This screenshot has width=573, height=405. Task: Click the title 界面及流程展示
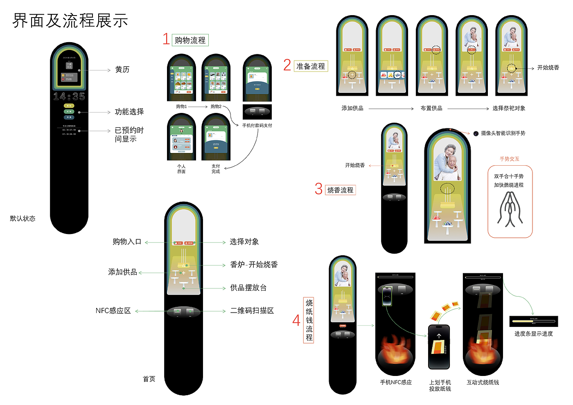[70, 20]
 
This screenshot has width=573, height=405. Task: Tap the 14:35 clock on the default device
[69, 97]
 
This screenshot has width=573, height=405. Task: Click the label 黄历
[122, 70]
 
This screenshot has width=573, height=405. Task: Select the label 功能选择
[129, 112]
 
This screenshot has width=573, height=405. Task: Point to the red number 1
[166, 39]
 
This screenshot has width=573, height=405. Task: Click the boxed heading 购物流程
[190, 40]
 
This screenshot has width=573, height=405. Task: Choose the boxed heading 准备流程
[311, 66]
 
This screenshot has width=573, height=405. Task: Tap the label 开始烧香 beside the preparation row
[548, 67]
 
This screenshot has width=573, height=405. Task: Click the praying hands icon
[510, 209]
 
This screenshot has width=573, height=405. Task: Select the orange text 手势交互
[509, 159]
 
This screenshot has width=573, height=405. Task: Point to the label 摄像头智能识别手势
[503, 133]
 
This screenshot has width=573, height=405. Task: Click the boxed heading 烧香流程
[340, 190]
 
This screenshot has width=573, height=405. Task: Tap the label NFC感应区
[113, 311]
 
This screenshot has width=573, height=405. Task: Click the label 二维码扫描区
[252, 311]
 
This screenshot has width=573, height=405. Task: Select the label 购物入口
[127, 242]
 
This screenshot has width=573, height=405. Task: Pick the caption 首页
[149, 379]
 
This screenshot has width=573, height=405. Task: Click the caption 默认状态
[23, 218]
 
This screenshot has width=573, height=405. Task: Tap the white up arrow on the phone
[439, 336]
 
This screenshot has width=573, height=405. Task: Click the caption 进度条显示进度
[533, 334]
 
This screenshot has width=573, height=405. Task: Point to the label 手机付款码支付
[257, 126]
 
